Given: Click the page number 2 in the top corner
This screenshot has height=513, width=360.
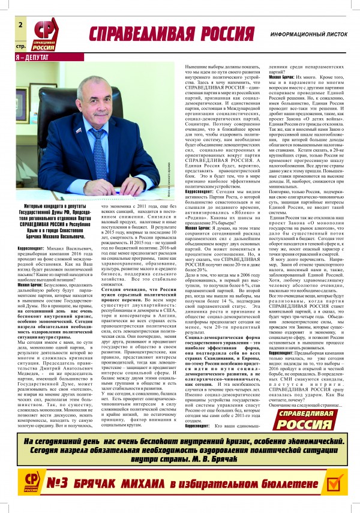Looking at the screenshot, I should click(x=20, y=25).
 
